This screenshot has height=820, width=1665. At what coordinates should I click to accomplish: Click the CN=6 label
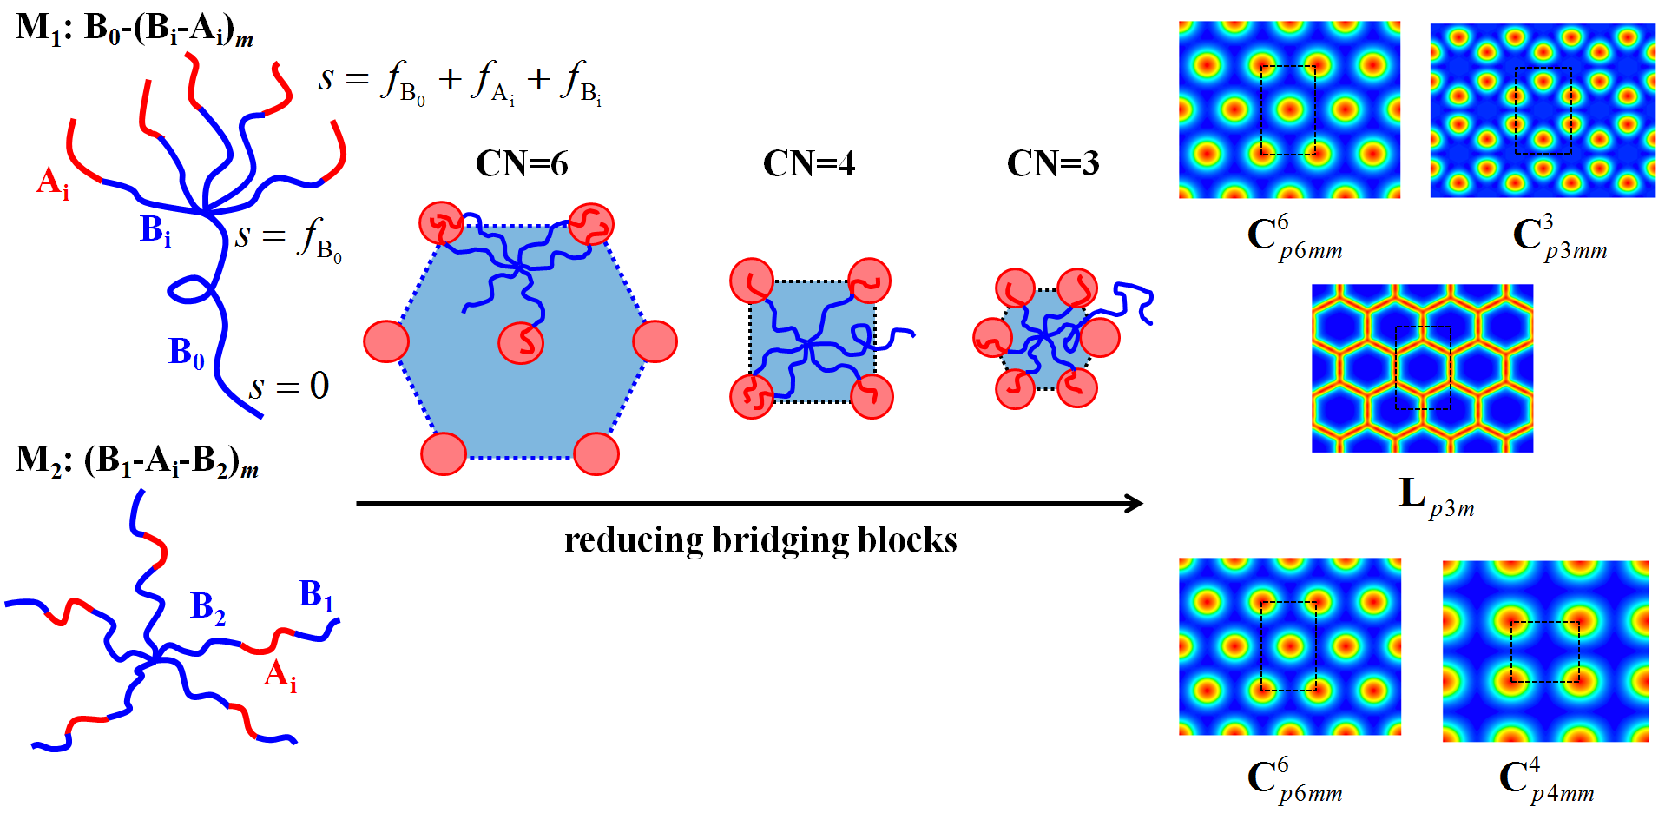click(x=522, y=163)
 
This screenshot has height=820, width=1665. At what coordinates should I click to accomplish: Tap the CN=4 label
click(x=808, y=163)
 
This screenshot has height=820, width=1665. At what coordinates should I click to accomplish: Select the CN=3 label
click(x=1052, y=163)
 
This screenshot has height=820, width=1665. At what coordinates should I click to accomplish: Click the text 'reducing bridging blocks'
click(x=760, y=540)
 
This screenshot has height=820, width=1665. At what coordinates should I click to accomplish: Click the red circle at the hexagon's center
click(x=521, y=341)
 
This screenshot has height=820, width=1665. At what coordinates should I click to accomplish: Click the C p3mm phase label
click(x=1559, y=236)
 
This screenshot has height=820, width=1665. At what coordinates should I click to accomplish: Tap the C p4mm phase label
click(x=1546, y=779)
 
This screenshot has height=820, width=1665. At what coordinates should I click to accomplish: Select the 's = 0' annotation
click(x=289, y=386)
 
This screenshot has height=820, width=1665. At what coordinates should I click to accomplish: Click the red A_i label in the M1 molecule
click(x=52, y=183)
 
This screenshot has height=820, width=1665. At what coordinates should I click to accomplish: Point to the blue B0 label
click(x=186, y=353)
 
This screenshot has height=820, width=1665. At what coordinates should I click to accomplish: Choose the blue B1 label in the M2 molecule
click(x=316, y=595)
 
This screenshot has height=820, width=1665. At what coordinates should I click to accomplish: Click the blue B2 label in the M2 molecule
click(x=207, y=607)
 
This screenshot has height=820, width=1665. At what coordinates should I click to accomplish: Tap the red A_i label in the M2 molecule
click(x=280, y=675)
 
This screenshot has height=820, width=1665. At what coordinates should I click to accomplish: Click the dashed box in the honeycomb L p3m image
click(x=1423, y=367)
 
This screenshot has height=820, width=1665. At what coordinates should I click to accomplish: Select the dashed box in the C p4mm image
click(x=1544, y=651)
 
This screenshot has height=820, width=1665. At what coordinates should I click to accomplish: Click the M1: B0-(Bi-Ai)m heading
click(x=135, y=29)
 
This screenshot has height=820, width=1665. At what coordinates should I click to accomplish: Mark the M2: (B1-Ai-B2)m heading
click(x=137, y=460)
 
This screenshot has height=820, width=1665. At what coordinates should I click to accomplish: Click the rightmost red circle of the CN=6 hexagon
click(x=655, y=341)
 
